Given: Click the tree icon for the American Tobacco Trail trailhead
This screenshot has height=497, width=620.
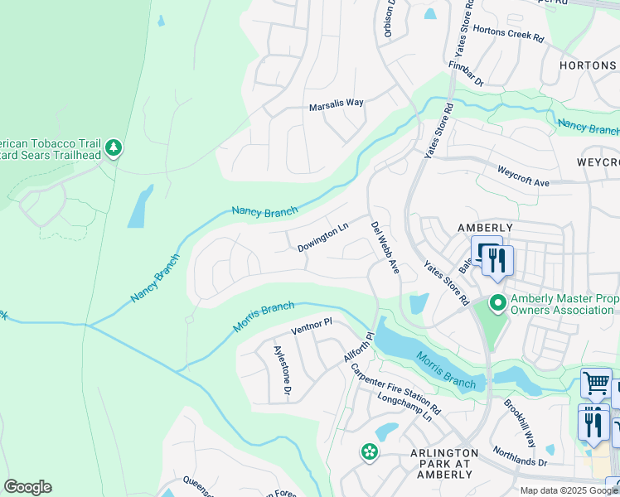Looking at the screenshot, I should tap(114, 148).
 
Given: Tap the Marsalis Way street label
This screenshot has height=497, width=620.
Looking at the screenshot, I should tap(336, 104).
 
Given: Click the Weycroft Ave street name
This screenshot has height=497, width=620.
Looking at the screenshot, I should tap(523, 175).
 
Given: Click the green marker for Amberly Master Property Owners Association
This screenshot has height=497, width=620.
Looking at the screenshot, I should tap(497, 302).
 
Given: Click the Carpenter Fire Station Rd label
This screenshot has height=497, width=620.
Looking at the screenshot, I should tap(395, 389).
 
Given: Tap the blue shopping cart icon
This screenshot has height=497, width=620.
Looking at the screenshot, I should tap(595, 384).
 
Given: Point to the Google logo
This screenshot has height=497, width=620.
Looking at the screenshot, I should tap(27, 487).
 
